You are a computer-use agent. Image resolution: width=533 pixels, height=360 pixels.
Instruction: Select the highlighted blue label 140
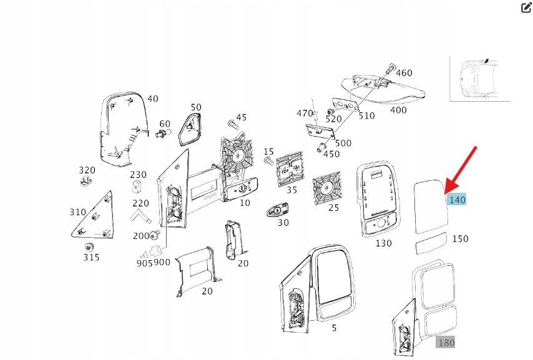click(x=457, y=200)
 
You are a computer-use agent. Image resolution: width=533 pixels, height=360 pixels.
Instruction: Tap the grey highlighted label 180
click(x=446, y=342)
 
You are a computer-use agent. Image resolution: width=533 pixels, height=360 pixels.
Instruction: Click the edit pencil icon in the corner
click(x=526, y=8)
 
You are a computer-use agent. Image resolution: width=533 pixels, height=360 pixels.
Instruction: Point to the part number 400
click(x=398, y=110)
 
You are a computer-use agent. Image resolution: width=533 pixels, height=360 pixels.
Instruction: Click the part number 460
click(x=404, y=72)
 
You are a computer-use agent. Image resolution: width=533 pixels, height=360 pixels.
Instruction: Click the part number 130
click(x=383, y=243)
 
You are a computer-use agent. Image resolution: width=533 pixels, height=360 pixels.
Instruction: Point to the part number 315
click(x=91, y=256)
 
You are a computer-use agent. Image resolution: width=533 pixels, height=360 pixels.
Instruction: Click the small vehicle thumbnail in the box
click(x=479, y=79)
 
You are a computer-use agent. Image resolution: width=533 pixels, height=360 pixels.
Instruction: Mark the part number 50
click(x=196, y=107)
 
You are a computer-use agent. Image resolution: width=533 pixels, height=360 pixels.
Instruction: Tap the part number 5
click(x=334, y=328)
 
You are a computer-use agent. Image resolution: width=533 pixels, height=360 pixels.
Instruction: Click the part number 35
click(x=291, y=190)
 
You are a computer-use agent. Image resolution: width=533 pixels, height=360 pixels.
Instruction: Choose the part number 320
click(x=87, y=170)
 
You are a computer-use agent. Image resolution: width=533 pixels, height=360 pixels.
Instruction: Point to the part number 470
click(x=305, y=113)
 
